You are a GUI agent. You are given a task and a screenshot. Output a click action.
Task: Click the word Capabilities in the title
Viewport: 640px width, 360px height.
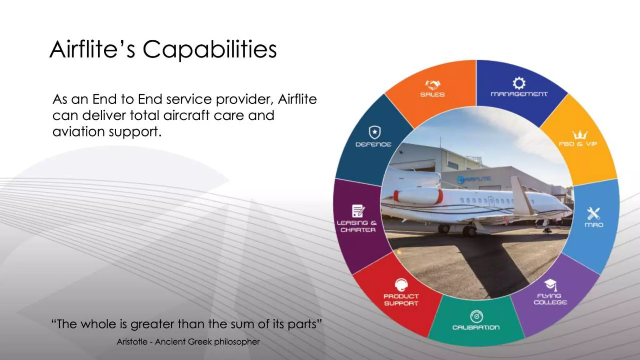click(x=210, y=50)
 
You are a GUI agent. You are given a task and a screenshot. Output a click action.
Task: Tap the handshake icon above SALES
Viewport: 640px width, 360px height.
click(x=432, y=84)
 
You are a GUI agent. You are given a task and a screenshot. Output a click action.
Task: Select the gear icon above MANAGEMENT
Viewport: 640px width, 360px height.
click(x=519, y=83)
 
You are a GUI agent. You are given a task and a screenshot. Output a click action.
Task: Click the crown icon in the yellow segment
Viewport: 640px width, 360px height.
click(x=580, y=135)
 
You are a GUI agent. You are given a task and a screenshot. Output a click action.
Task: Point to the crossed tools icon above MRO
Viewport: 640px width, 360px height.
click(x=593, y=214)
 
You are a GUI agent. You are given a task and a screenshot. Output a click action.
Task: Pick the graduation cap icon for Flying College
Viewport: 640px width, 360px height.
click(x=551, y=284)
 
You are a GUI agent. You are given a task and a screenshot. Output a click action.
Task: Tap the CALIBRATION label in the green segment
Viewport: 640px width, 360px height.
click(x=476, y=327)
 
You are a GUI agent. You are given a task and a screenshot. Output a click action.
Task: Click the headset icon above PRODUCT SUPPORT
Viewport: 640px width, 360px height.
click(x=401, y=285)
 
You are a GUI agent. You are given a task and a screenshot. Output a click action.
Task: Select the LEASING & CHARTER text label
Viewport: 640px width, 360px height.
click(x=357, y=226)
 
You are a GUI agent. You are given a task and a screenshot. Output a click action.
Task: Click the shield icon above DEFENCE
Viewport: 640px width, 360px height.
click(x=374, y=132)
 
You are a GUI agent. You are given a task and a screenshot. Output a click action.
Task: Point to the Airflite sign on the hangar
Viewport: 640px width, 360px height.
click(x=473, y=179)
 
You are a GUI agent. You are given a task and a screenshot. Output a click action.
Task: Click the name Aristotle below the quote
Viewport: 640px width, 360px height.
click(x=132, y=342)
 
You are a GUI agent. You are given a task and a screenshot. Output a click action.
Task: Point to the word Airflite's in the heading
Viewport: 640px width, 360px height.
click(x=92, y=50)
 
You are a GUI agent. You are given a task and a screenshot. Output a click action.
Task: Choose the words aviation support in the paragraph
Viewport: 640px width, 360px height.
click(x=107, y=132)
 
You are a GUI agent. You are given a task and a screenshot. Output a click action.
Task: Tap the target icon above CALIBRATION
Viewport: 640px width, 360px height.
click(x=476, y=317)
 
